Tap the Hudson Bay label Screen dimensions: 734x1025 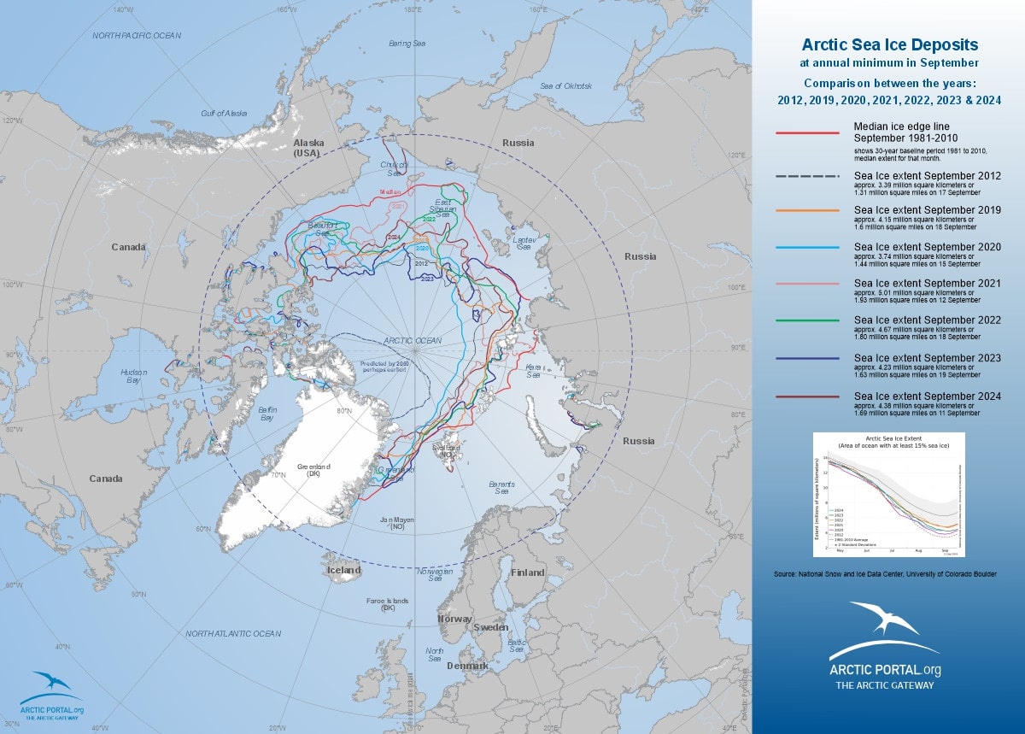pos(134,376)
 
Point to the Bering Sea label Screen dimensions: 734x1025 pos(407,43)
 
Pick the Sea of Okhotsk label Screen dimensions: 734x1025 pos(566,86)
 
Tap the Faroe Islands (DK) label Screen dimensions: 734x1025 pos(388,605)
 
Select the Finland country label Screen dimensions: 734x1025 pos(527,573)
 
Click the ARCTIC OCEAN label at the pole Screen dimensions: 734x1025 pos(413,340)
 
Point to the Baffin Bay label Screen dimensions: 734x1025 pos(266,414)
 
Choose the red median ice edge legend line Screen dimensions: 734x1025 pos(807,133)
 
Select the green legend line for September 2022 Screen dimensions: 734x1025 pos(807,320)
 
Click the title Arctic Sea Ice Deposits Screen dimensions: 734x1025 pos(889,44)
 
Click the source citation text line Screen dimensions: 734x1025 pos(885,574)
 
